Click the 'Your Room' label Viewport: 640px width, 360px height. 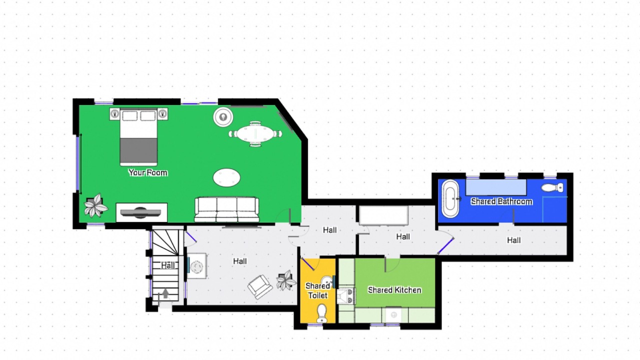(x=147, y=172)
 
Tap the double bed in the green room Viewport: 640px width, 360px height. (x=138, y=137)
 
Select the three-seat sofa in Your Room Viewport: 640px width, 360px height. (x=227, y=209)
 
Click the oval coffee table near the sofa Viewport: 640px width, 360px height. (x=226, y=177)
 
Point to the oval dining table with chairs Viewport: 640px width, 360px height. (x=255, y=133)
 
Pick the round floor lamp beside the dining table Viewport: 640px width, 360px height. (x=223, y=116)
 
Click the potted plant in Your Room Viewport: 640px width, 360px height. (x=96, y=205)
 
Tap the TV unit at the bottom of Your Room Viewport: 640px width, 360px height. (x=141, y=212)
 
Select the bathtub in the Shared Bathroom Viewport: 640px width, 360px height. (x=450, y=199)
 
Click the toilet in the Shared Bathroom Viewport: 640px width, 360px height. (x=552, y=187)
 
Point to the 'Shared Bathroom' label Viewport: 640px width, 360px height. (x=501, y=201)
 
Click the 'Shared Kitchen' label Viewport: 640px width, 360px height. (x=394, y=290)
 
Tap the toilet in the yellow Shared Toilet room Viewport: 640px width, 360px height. (x=321, y=313)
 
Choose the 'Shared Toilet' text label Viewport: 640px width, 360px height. (x=317, y=290)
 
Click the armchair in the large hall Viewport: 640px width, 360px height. (x=259, y=287)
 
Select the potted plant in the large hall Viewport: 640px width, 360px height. (x=286, y=280)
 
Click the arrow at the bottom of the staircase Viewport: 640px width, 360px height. (x=165, y=293)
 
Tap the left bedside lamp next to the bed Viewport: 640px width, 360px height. (x=115, y=113)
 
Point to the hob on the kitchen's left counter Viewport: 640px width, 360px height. (x=346, y=296)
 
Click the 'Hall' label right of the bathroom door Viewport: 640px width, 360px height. (x=513, y=240)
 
